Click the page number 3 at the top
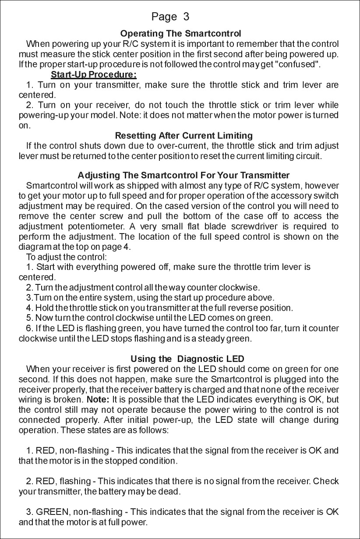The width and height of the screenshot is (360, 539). (187, 17)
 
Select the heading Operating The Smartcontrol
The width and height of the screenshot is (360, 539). (180, 33)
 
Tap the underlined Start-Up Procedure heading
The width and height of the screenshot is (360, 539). (94, 74)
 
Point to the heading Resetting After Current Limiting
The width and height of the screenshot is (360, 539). (183, 135)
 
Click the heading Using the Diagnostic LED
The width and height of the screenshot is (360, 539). (187, 359)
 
